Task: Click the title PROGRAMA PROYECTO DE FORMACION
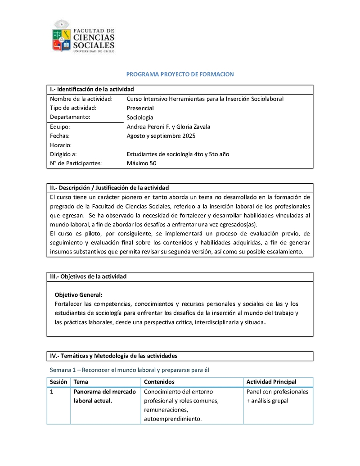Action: (180, 74)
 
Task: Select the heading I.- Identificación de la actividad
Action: (92, 89)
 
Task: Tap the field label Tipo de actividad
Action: (73, 108)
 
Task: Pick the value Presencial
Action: (140, 108)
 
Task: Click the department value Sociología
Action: (140, 118)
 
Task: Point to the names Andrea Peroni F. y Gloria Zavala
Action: (168, 127)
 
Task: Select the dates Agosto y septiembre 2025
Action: (161, 136)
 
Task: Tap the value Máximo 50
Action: (142, 163)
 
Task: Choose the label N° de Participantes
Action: (76, 163)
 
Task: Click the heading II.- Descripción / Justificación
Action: (109, 187)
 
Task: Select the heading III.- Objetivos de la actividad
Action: (88, 276)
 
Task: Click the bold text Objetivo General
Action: (78, 295)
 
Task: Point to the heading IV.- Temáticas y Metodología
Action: (113, 356)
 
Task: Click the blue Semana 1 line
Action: (130, 370)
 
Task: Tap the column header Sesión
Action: (58, 382)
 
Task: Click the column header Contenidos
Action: (159, 382)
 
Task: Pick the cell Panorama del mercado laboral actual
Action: (105, 396)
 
